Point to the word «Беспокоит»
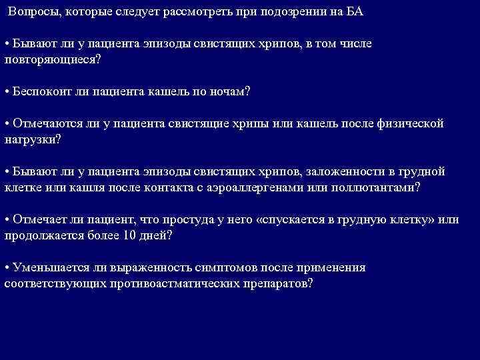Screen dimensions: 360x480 pyautogui.click(x=42, y=91)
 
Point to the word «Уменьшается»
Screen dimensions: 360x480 pyautogui.click(x=49, y=268)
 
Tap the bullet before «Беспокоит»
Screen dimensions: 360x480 pyautogui.click(x=7, y=91)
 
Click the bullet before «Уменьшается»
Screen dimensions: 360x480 pyautogui.click(x=7, y=268)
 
